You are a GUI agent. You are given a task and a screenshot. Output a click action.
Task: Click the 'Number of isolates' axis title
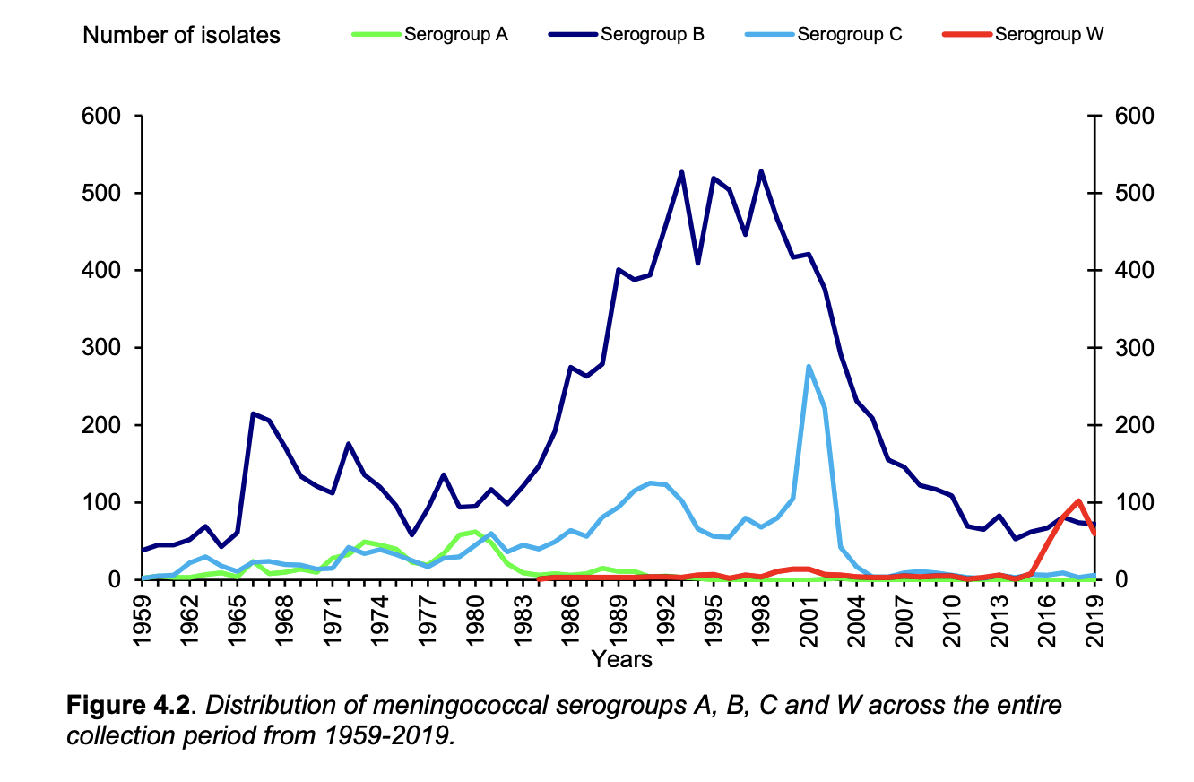point(181,36)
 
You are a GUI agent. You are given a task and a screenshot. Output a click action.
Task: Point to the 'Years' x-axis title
point(621,660)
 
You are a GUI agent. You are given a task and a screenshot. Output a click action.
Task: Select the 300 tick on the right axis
point(1122,348)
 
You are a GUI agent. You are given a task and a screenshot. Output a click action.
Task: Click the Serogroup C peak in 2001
point(809,366)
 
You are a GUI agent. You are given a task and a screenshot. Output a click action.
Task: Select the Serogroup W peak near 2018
point(1078,500)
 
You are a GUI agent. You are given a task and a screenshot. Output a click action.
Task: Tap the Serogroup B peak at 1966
point(254,413)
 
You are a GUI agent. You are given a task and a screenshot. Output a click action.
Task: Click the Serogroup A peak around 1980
point(476,532)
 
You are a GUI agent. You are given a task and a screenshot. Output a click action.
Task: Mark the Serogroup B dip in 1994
point(697,263)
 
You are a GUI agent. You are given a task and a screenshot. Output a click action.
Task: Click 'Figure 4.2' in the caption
point(128,706)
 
